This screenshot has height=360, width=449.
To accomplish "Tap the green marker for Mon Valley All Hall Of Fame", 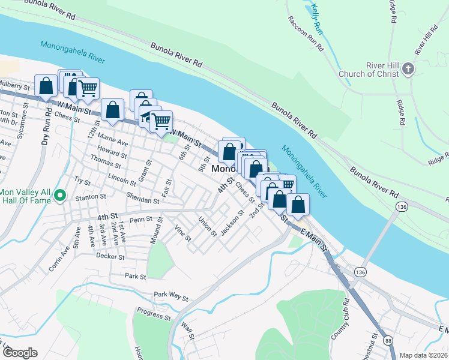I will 59,196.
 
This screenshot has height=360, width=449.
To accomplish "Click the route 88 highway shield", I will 388,341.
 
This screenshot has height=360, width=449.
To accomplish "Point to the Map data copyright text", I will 423,355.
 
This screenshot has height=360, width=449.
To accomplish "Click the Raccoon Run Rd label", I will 307,34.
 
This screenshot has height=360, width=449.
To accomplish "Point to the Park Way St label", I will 170,296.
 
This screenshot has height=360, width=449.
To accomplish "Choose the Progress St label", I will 154,314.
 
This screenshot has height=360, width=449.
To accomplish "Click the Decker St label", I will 110,256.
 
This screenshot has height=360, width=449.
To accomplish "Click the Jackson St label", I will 232,223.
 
